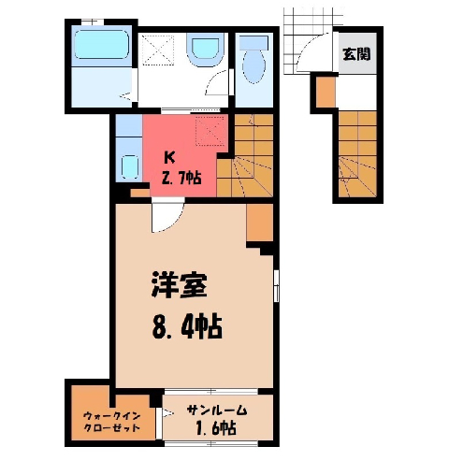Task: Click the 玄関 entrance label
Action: click(x=357, y=54)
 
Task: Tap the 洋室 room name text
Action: click(x=180, y=286)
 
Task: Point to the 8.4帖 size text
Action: click(x=187, y=327)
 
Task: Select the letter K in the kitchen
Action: click(x=169, y=158)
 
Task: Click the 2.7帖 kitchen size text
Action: click(x=181, y=179)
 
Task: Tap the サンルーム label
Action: click(x=217, y=411)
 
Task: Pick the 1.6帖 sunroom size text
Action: click(x=216, y=428)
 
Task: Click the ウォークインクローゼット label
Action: click(x=112, y=422)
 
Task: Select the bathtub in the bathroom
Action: click(x=102, y=45)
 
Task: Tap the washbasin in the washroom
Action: click(x=205, y=50)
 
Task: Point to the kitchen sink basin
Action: click(x=129, y=166)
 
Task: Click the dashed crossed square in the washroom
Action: click(x=158, y=50)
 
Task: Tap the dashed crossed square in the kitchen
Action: click(x=210, y=131)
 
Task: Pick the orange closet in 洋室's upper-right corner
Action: click(x=260, y=223)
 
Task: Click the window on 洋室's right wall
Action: click(x=276, y=286)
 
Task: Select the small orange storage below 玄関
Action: click(x=326, y=93)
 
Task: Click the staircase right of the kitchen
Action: click(x=245, y=155)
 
